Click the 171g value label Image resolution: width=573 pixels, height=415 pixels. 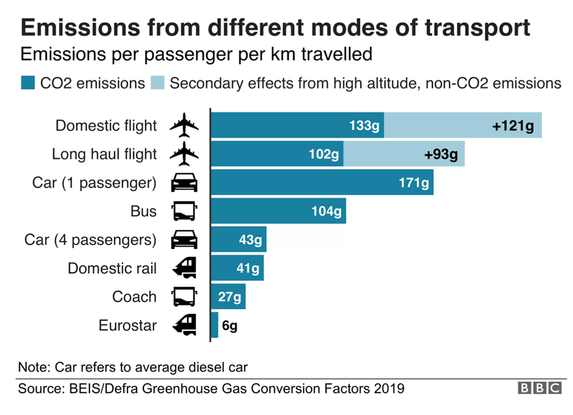coord(414,183)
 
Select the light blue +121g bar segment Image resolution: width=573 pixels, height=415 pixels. coord(462,125)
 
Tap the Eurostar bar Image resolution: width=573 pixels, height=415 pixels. coord(214,325)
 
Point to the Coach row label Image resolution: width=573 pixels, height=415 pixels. coord(134,297)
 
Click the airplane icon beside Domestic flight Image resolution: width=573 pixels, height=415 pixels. coord(184,125)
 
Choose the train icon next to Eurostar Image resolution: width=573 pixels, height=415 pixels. coord(184,325)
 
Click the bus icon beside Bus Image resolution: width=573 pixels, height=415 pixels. coord(184,212)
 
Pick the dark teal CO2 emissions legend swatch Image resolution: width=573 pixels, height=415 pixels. coord(28,83)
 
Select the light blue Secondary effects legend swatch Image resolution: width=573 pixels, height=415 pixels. coord(158,83)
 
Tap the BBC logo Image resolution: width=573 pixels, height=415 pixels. coord(539,388)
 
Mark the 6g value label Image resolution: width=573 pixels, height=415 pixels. coord(229,326)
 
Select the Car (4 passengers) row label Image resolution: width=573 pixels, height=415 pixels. coord(90,240)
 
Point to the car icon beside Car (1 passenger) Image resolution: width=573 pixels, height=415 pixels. coord(184,183)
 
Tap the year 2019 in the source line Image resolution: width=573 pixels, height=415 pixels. coord(388,388)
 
